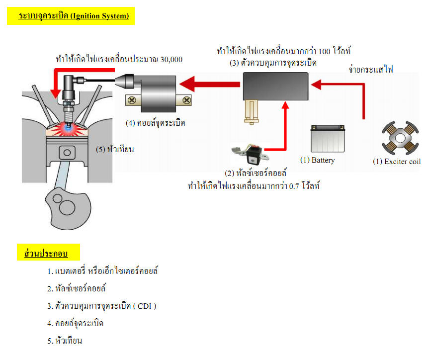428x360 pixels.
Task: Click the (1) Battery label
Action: pos(318,161)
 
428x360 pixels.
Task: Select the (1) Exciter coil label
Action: pos(396,162)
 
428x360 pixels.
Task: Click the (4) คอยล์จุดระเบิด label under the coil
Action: pos(155,122)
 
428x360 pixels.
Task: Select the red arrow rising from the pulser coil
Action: pos(285,124)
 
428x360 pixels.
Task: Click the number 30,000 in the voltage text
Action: pos(171,60)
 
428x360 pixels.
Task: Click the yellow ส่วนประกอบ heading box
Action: pos(46,254)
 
